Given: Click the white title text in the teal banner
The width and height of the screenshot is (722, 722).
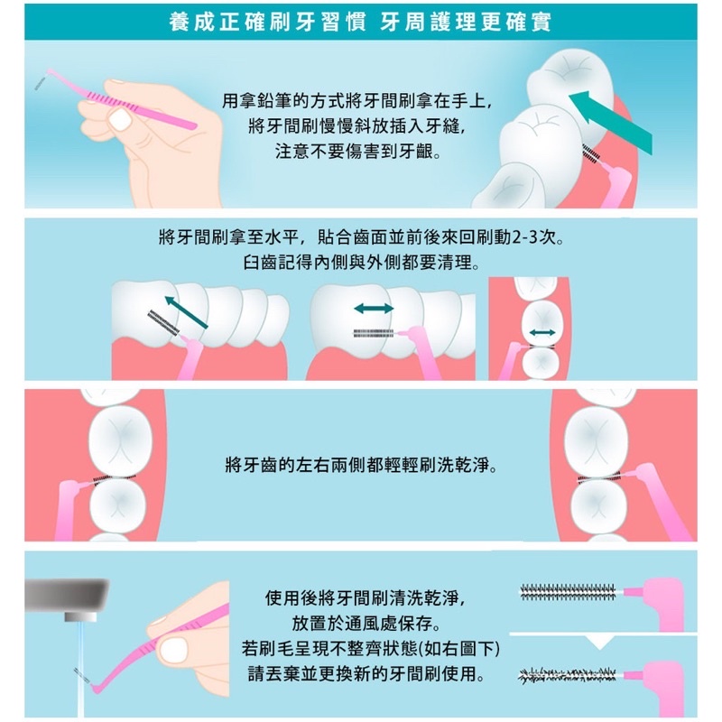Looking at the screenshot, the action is click(x=360, y=22).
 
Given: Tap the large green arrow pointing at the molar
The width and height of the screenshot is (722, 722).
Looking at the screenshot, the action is click(x=611, y=122).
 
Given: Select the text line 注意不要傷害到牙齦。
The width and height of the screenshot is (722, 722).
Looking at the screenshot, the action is click(x=357, y=151).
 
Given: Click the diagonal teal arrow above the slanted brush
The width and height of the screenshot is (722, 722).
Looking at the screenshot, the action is click(x=186, y=312).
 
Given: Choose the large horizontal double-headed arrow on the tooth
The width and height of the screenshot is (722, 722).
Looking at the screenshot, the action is click(x=374, y=308).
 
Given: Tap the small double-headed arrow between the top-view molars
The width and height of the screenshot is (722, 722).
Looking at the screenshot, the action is click(x=542, y=332).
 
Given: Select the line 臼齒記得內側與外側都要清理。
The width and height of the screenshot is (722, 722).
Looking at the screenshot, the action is click(x=362, y=263).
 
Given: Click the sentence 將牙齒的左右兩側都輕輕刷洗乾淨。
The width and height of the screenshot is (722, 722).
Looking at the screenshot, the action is click(x=362, y=465).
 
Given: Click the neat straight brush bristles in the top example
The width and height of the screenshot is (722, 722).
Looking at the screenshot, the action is click(x=568, y=592).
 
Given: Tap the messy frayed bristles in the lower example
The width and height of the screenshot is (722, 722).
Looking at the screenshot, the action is click(x=567, y=675).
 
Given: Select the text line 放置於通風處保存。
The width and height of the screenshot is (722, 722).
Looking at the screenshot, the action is click(x=367, y=624).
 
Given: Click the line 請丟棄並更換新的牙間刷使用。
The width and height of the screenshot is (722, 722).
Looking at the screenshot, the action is click(x=367, y=674).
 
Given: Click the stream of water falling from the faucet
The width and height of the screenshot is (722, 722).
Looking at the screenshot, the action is click(x=80, y=669).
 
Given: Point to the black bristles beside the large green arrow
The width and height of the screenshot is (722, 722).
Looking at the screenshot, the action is click(x=591, y=154).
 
